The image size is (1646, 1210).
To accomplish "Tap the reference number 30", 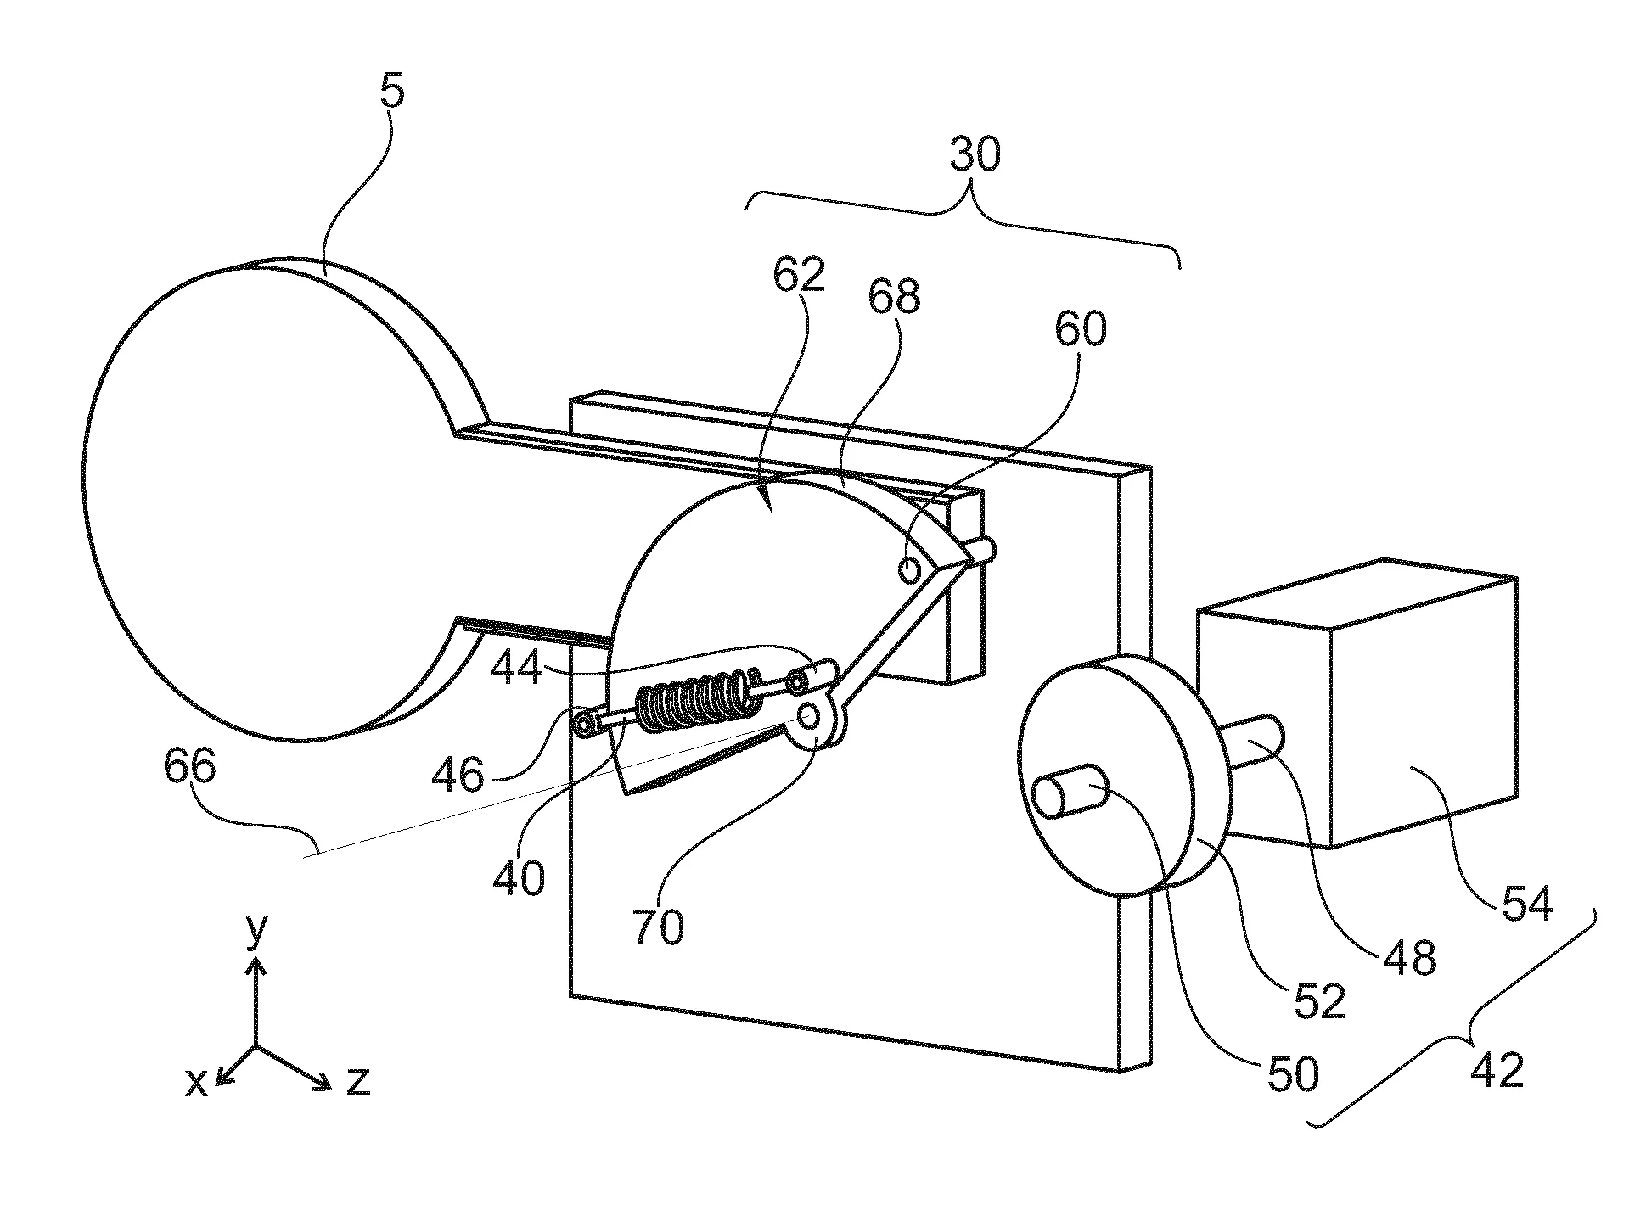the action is click(975, 156).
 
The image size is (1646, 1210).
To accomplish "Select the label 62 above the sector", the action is click(799, 277).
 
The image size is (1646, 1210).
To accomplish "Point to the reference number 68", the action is click(894, 297).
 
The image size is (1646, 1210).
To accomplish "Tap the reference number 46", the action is click(458, 773).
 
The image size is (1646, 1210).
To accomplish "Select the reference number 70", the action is click(658, 926).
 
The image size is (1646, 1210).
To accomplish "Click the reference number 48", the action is click(1409, 956).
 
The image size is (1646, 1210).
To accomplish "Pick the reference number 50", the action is click(1293, 1073).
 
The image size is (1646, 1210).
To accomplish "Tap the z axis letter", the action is click(357, 1080).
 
